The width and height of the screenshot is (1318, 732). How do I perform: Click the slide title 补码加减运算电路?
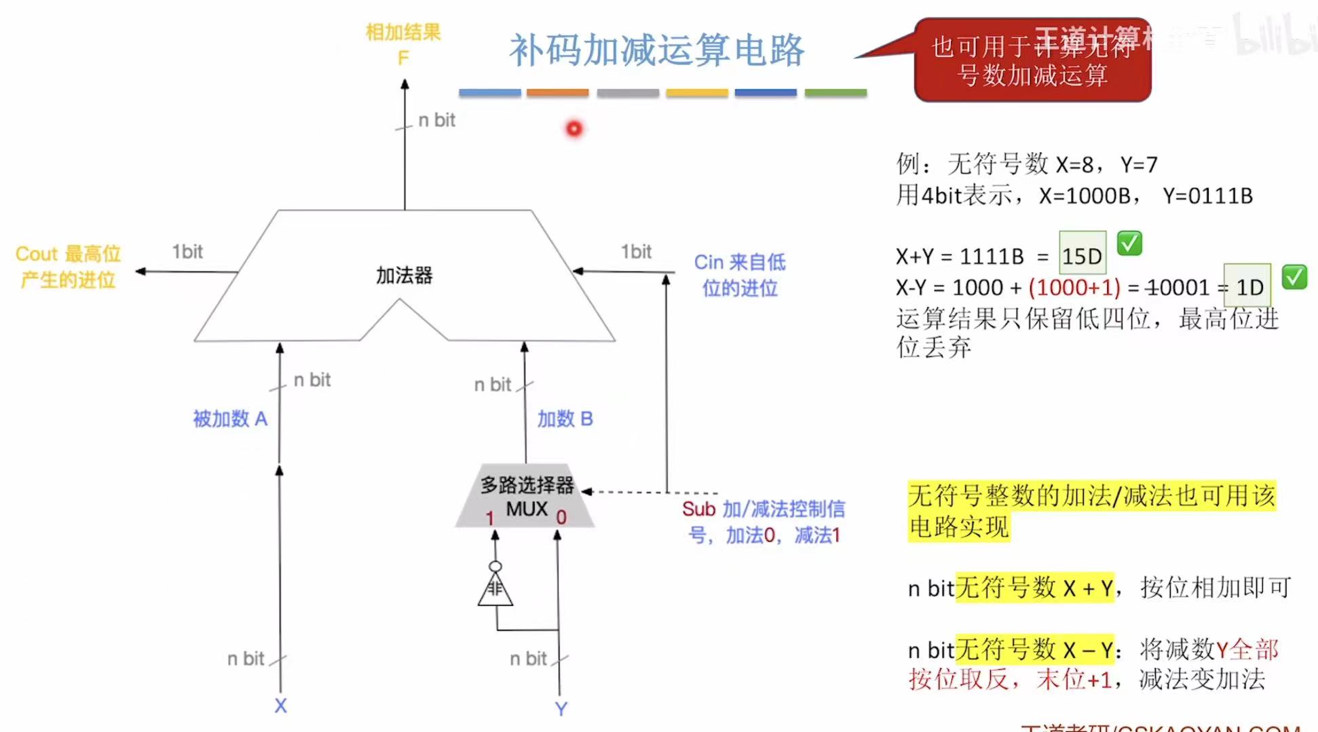click(656, 50)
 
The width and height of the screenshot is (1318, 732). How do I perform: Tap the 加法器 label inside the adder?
click(404, 275)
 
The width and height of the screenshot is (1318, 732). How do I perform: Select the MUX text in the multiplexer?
click(527, 509)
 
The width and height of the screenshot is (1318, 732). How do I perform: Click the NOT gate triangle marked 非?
click(495, 590)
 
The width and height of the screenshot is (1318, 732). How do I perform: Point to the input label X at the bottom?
click(280, 706)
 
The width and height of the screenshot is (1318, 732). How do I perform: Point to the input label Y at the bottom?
click(561, 709)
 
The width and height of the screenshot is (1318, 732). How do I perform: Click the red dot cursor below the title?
click(574, 128)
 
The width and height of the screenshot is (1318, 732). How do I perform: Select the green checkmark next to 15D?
click(1129, 243)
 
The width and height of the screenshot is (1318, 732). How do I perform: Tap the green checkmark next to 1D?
click(1294, 277)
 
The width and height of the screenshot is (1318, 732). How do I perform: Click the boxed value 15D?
click(1082, 256)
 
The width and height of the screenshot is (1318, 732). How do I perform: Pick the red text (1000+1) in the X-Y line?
click(1074, 288)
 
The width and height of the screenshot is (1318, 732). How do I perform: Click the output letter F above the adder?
click(403, 58)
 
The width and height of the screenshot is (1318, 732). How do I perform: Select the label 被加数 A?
click(230, 419)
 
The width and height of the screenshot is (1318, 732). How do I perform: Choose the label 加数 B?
click(565, 419)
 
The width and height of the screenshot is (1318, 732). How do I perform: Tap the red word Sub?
click(698, 509)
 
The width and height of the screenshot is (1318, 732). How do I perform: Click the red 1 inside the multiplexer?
click(489, 518)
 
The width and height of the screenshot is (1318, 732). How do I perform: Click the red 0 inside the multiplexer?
click(561, 518)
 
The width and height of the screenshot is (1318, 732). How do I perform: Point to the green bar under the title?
click(835, 92)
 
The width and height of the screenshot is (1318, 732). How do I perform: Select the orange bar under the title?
click(557, 92)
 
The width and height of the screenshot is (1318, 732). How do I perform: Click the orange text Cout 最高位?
click(68, 254)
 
